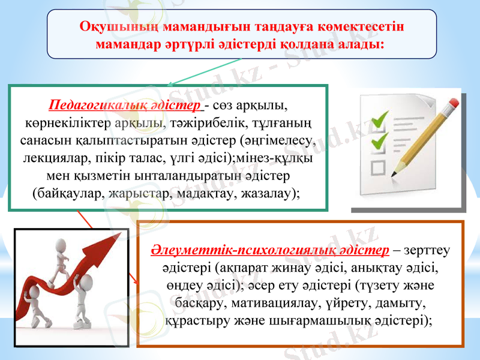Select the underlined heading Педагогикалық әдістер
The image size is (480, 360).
[126, 106]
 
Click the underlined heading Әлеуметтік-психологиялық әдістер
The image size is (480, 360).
[269, 249]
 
